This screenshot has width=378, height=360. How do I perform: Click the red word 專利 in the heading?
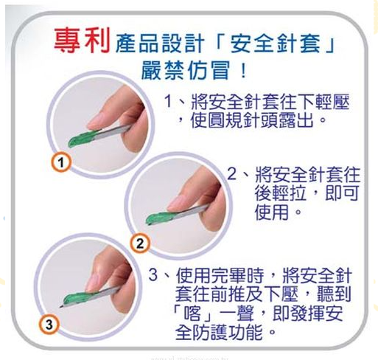82,41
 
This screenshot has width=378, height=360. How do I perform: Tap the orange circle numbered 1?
61,162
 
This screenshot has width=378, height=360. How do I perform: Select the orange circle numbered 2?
140,243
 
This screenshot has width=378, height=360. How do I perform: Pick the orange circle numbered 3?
49,325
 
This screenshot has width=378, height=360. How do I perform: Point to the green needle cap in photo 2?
161,218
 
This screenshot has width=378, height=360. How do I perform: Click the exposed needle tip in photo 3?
61,306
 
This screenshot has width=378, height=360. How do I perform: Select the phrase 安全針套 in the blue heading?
275,44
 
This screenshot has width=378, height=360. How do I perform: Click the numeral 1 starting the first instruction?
168,101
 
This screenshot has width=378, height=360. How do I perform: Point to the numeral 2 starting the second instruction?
231,174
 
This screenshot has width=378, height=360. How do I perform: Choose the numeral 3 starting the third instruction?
153,275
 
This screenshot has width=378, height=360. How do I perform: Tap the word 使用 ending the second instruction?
271,212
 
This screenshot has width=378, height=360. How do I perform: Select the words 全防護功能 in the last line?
219,333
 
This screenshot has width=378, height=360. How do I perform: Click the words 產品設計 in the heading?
160,44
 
